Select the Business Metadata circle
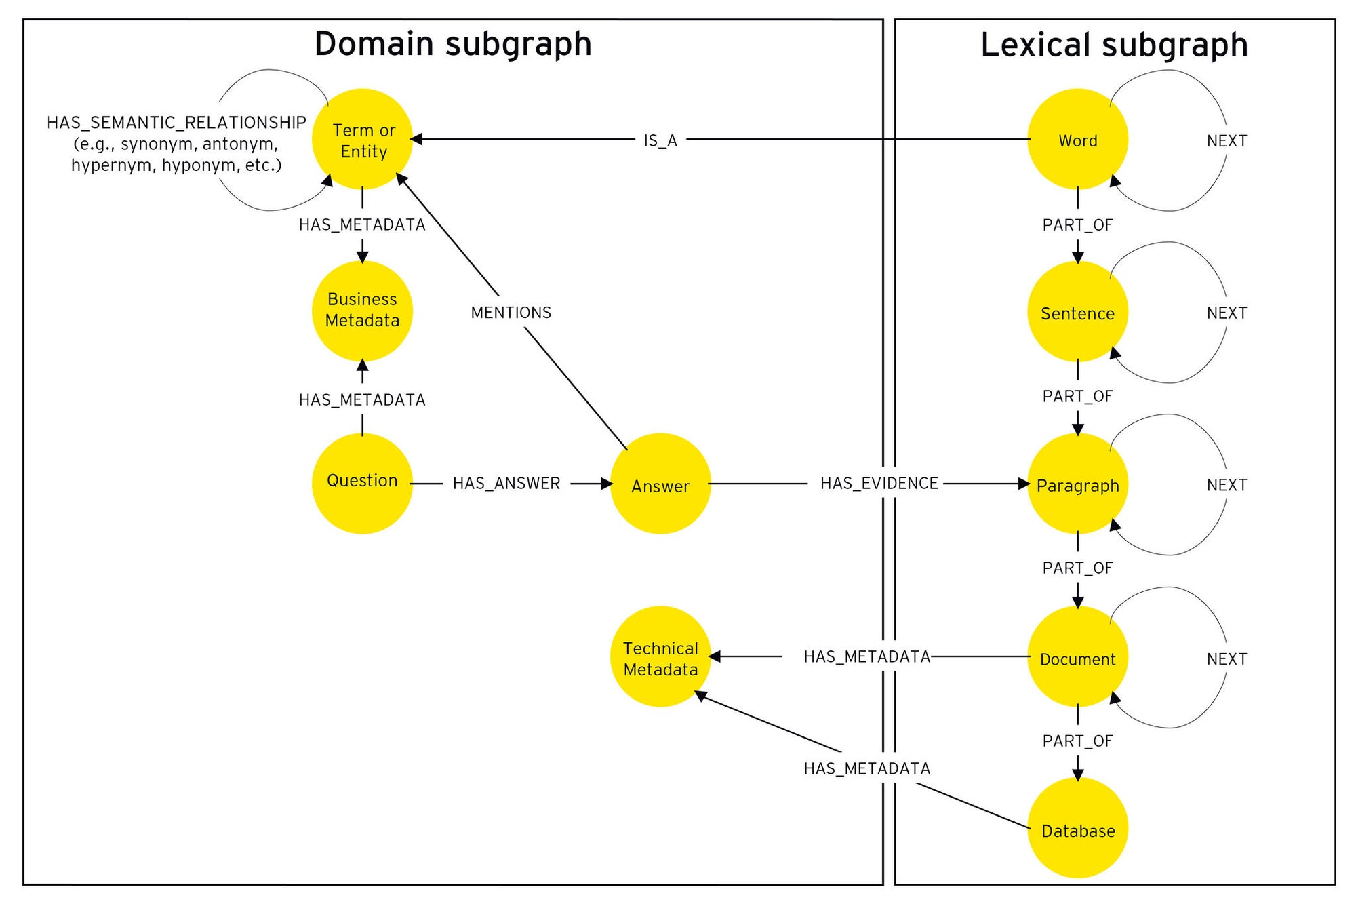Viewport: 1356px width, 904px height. [x=362, y=311]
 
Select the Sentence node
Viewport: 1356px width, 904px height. [x=1077, y=311]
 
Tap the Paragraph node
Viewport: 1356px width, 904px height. [x=1077, y=484]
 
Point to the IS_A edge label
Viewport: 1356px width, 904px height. [x=660, y=140]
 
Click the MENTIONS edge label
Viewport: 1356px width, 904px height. [x=511, y=313]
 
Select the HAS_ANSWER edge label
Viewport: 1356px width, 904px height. [x=506, y=483]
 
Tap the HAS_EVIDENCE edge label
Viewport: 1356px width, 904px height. [x=879, y=483]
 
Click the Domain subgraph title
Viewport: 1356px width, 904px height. [x=453, y=44]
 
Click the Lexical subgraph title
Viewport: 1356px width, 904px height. [x=1114, y=45]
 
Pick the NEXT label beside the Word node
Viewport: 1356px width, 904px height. [x=1227, y=141]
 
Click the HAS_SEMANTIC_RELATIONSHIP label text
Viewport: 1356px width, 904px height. [x=176, y=123]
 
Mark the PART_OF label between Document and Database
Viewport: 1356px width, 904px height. [x=1077, y=741]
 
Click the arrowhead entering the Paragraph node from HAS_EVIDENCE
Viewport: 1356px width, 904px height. [x=1024, y=484]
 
